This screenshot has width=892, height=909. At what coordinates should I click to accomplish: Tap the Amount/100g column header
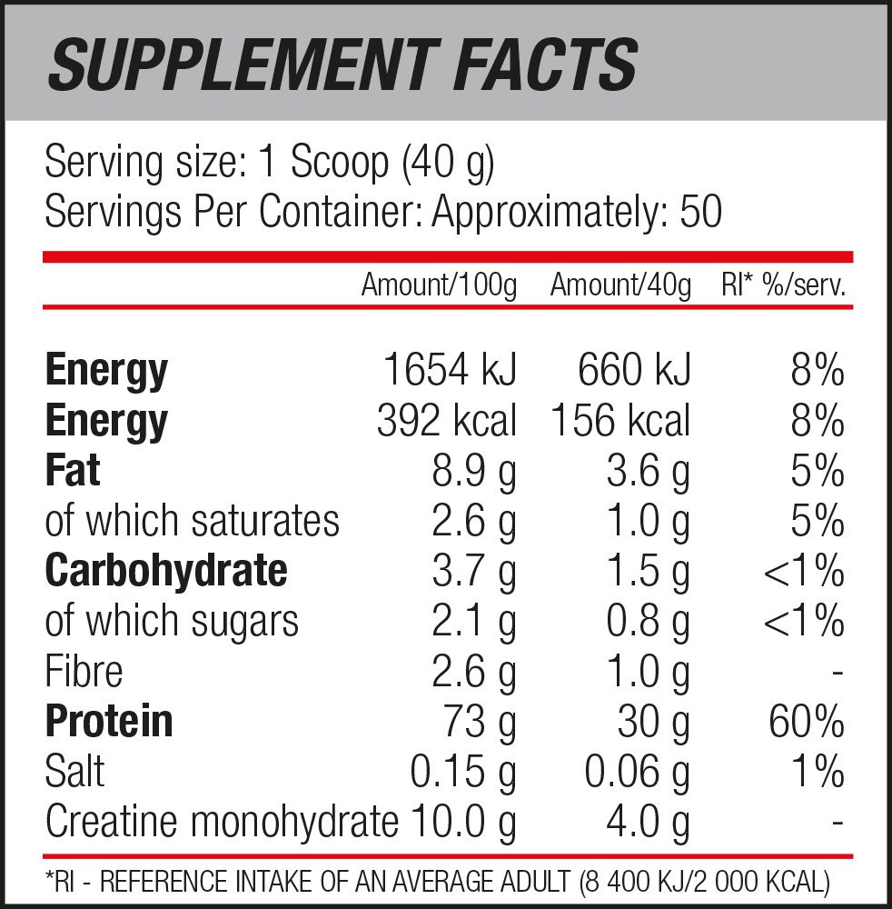click(x=439, y=285)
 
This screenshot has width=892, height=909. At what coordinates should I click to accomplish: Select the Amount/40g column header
click(x=620, y=285)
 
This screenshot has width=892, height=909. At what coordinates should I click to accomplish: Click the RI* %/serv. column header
click(x=784, y=285)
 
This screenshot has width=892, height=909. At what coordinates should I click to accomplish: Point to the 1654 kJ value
click(x=450, y=371)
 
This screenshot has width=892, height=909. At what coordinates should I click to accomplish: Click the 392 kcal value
click(x=446, y=421)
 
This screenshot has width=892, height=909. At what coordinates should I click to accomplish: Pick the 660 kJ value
click(x=633, y=371)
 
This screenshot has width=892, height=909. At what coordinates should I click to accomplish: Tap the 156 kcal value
click(x=620, y=421)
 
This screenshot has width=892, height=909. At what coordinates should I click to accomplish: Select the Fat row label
click(x=73, y=471)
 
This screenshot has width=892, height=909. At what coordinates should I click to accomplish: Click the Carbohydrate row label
click(x=166, y=571)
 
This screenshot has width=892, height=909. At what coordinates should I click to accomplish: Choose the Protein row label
click(x=109, y=721)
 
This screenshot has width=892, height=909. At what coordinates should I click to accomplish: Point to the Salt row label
click(x=74, y=771)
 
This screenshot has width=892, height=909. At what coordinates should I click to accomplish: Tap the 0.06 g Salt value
click(x=637, y=771)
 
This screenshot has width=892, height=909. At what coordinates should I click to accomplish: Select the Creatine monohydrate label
click(x=222, y=822)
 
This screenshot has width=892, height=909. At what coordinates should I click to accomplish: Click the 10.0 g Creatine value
click(x=463, y=822)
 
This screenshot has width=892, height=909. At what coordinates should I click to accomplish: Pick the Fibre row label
click(x=84, y=672)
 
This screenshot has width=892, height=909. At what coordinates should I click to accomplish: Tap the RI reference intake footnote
click(x=437, y=880)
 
